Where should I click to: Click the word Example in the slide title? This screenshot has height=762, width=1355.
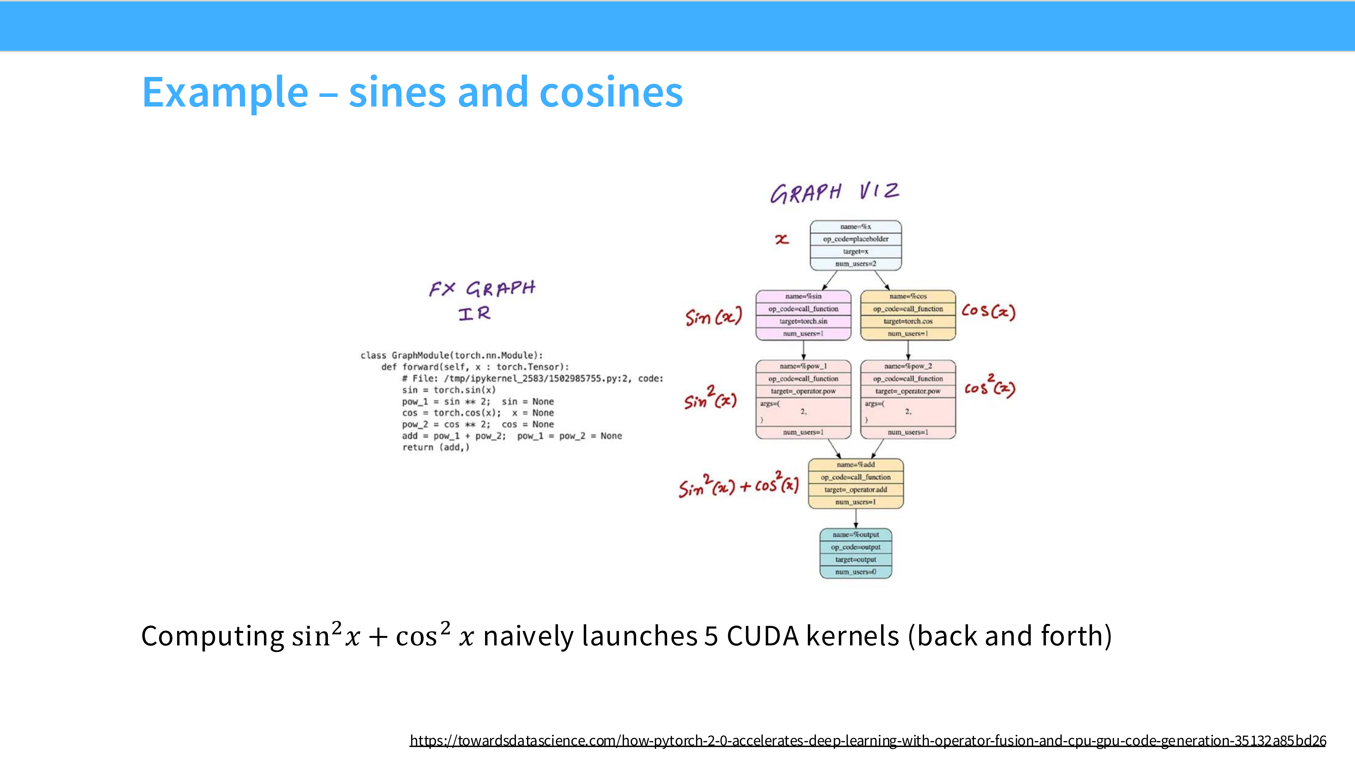pos(225,93)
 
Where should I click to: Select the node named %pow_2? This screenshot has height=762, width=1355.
pos(908,399)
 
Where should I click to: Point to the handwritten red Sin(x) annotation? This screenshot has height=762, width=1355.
pos(713,317)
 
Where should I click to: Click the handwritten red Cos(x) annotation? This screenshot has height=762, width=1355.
pos(988,311)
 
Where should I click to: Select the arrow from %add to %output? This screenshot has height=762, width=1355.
pos(856,519)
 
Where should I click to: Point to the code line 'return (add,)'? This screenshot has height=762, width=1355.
pos(435,448)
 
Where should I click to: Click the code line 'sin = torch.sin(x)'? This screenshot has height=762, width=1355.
pos(449,390)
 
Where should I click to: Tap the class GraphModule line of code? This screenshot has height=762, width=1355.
pos(451,356)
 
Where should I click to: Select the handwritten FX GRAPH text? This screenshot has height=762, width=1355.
pos(482,289)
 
